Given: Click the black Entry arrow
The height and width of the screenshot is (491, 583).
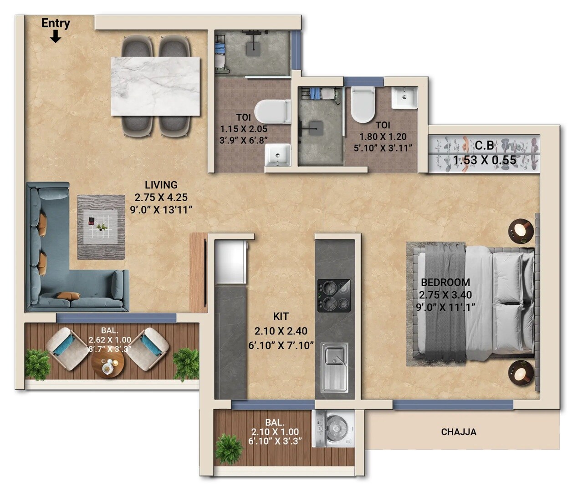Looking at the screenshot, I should coord(56,37).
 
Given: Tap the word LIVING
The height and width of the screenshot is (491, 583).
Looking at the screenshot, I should coord(161,185).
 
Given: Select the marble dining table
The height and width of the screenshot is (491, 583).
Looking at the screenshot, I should coord(155,86).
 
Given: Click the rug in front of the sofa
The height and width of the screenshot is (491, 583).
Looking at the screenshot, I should coord(101,227).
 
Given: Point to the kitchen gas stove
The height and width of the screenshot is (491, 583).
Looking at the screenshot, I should coord(334,295).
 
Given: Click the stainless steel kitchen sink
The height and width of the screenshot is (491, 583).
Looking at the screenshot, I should coord(334,367).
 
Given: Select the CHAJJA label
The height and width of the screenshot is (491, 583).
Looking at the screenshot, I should coord(458,432).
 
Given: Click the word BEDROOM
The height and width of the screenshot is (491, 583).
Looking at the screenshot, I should coord(445,282).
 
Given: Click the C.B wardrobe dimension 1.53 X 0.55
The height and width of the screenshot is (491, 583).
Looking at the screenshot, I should coord(484,160).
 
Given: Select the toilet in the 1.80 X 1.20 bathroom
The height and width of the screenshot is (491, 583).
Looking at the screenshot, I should coord(363,104).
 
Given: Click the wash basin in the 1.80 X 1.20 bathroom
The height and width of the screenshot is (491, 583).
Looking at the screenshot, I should coord(404,98).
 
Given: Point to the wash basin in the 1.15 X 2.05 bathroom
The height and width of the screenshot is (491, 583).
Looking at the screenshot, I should coord(277,155).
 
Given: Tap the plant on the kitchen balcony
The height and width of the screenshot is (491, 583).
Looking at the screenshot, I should coord(228,448).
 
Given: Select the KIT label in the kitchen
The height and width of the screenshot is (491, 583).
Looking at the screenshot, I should coord(281,316).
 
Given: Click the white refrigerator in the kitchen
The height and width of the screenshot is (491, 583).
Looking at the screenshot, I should coord(231,261).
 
